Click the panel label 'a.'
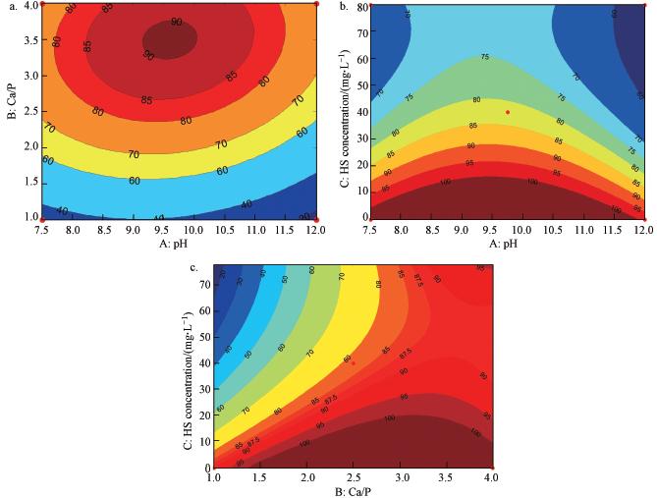click(x=12, y=7)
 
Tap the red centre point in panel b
click(x=508, y=112)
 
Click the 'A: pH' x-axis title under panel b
click(x=508, y=243)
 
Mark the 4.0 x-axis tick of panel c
click(x=492, y=478)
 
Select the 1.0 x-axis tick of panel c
click(x=213, y=478)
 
